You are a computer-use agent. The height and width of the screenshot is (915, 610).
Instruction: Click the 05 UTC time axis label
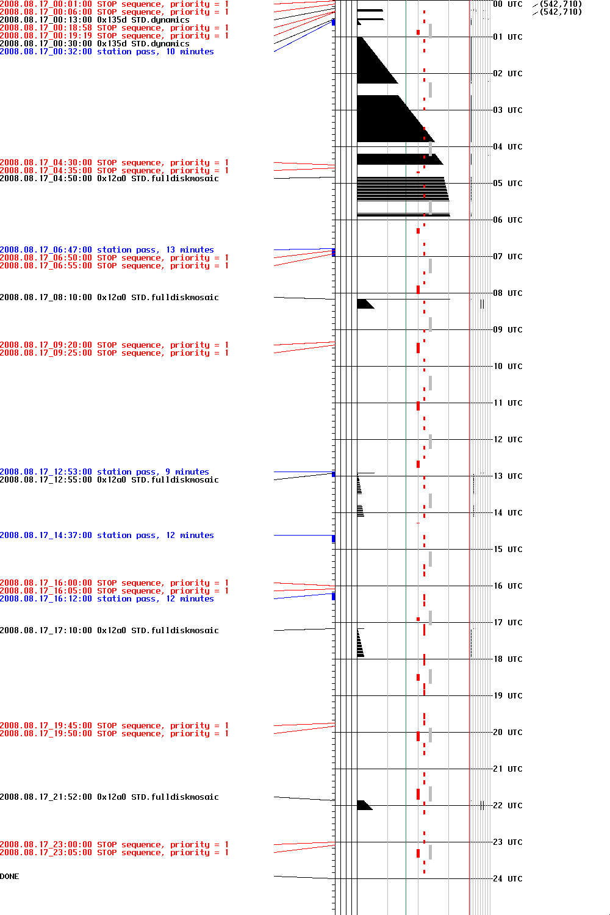coord(508,183)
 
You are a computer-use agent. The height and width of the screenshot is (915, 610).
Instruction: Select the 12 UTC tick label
coord(508,439)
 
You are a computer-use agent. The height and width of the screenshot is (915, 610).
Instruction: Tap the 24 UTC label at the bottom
coord(508,878)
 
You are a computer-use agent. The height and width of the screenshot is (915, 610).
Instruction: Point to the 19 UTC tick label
coord(508,695)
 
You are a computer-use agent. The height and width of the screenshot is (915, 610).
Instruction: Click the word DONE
coord(10,877)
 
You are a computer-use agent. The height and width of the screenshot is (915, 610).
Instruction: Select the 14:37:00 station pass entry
coord(107,536)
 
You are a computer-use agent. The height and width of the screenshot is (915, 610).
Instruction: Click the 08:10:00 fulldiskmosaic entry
coord(109,298)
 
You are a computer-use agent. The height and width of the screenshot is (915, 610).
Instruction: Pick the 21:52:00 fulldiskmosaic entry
coord(109,797)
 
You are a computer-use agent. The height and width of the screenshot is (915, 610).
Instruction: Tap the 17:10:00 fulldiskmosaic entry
coord(109,631)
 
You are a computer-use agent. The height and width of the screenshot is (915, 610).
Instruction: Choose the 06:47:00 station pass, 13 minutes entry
coord(107,250)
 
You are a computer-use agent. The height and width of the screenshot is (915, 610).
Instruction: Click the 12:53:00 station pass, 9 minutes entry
coord(104,472)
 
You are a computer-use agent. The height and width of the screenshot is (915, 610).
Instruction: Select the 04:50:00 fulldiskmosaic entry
coord(109,179)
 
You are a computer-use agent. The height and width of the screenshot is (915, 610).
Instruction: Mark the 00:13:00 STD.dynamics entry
coord(95,20)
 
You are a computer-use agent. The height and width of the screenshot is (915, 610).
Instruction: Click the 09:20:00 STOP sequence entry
coord(114,345)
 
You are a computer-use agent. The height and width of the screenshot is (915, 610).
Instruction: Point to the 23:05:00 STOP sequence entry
coord(114,853)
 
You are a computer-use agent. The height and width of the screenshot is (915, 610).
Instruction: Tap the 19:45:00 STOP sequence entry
coord(114,726)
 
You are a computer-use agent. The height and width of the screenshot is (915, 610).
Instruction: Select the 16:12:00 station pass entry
coord(107,599)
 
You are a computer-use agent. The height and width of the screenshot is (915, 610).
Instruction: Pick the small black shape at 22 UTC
coord(364,805)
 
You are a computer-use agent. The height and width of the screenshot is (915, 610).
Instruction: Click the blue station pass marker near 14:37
coord(333,539)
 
